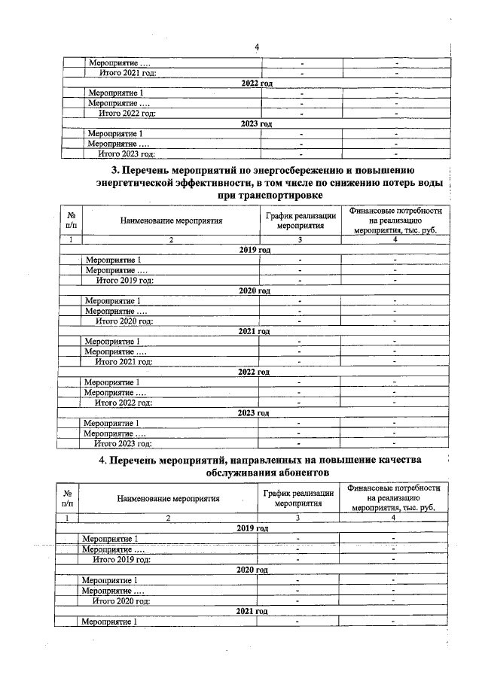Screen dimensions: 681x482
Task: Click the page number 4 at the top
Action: [257, 47]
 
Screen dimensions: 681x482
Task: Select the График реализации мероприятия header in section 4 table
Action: [299, 498]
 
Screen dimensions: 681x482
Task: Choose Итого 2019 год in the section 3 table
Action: [125, 281]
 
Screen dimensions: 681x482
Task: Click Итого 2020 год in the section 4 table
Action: [121, 601]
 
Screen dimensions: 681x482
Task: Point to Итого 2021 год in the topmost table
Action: [128, 73]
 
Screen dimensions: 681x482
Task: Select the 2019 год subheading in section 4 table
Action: [252, 529]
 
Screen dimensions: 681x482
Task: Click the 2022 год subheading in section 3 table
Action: [254, 372]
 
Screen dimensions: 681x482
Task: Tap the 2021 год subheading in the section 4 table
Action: [252, 611]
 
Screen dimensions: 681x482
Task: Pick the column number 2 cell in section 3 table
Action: [171, 240]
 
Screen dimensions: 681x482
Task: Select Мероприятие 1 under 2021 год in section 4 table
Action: [110, 622]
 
